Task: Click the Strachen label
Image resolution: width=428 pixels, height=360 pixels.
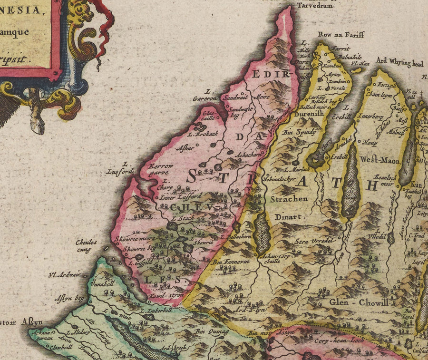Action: tap(289, 199)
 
